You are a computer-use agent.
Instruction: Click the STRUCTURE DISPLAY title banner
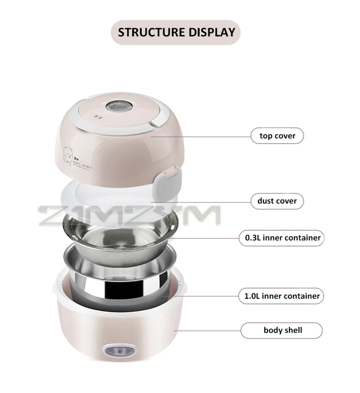pos(176,32)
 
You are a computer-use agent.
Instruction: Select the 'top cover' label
pos(277,136)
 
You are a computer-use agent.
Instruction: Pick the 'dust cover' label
pos(277,201)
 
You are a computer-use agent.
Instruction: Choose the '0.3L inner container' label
pos(280,237)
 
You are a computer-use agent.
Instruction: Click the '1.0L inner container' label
pos(279,296)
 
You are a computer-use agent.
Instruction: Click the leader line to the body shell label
pos(208,330)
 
